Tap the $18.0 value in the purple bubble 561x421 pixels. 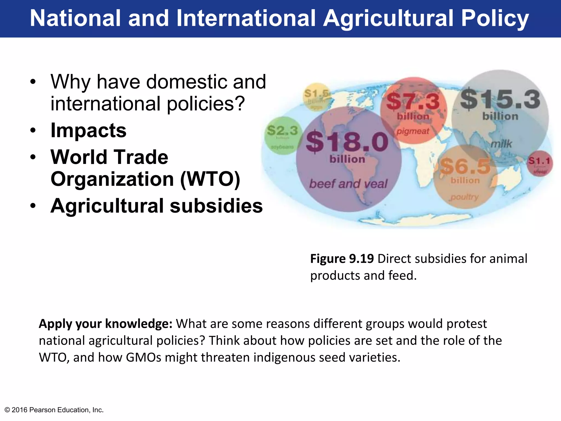coord(347,142)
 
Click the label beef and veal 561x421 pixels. coord(348,184)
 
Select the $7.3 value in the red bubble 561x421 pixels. coord(413,101)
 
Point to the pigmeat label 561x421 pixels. coord(413,131)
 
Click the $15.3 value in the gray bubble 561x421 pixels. coord(500,99)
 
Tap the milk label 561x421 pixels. coord(501,144)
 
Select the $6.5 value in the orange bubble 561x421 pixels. coord(465,166)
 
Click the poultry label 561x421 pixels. coord(465,197)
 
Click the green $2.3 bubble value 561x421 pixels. coord(282,130)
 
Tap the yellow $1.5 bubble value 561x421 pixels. coord(316,94)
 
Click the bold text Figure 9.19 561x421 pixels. coord(342,258)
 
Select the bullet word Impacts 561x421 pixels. coord(88,130)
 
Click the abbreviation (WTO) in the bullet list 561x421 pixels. coord(210,179)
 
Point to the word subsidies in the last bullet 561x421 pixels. coord(216,206)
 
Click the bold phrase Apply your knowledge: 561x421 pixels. coord(105,324)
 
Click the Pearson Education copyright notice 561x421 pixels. coord(54,410)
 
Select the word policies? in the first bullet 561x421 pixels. coord(205,104)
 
